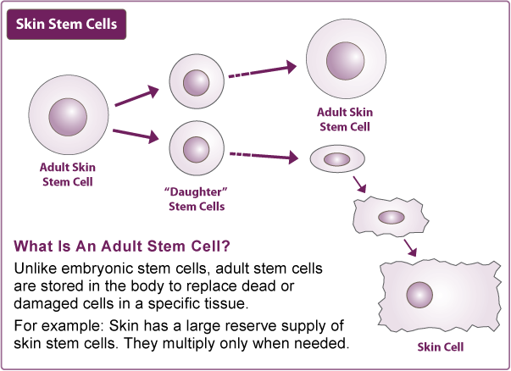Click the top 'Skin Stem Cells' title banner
(66, 25)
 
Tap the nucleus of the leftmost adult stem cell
(68, 115)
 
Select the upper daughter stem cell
(197, 82)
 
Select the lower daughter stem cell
(197, 148)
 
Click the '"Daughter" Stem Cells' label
(197, 199)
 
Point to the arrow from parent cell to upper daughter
(136, 97)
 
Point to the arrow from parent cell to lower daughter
(136, 136)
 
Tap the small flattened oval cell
(336, 159)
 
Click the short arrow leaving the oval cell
(359, 185)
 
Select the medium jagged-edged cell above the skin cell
(390, 217)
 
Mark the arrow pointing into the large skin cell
(410, 246)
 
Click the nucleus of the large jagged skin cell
(419, 295)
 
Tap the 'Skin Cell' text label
(441, 346)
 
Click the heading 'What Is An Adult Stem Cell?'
(122, 246)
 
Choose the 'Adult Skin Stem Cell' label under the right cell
(344, 119)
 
